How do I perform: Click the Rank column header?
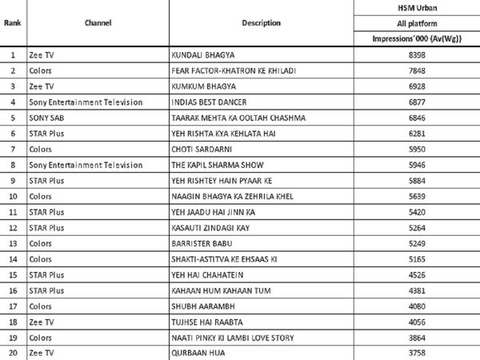point(13,23)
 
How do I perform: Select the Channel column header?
point(98,23)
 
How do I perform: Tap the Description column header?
point(261,23)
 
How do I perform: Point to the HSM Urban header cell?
point(413,7)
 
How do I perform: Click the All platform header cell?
point(413,23)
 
